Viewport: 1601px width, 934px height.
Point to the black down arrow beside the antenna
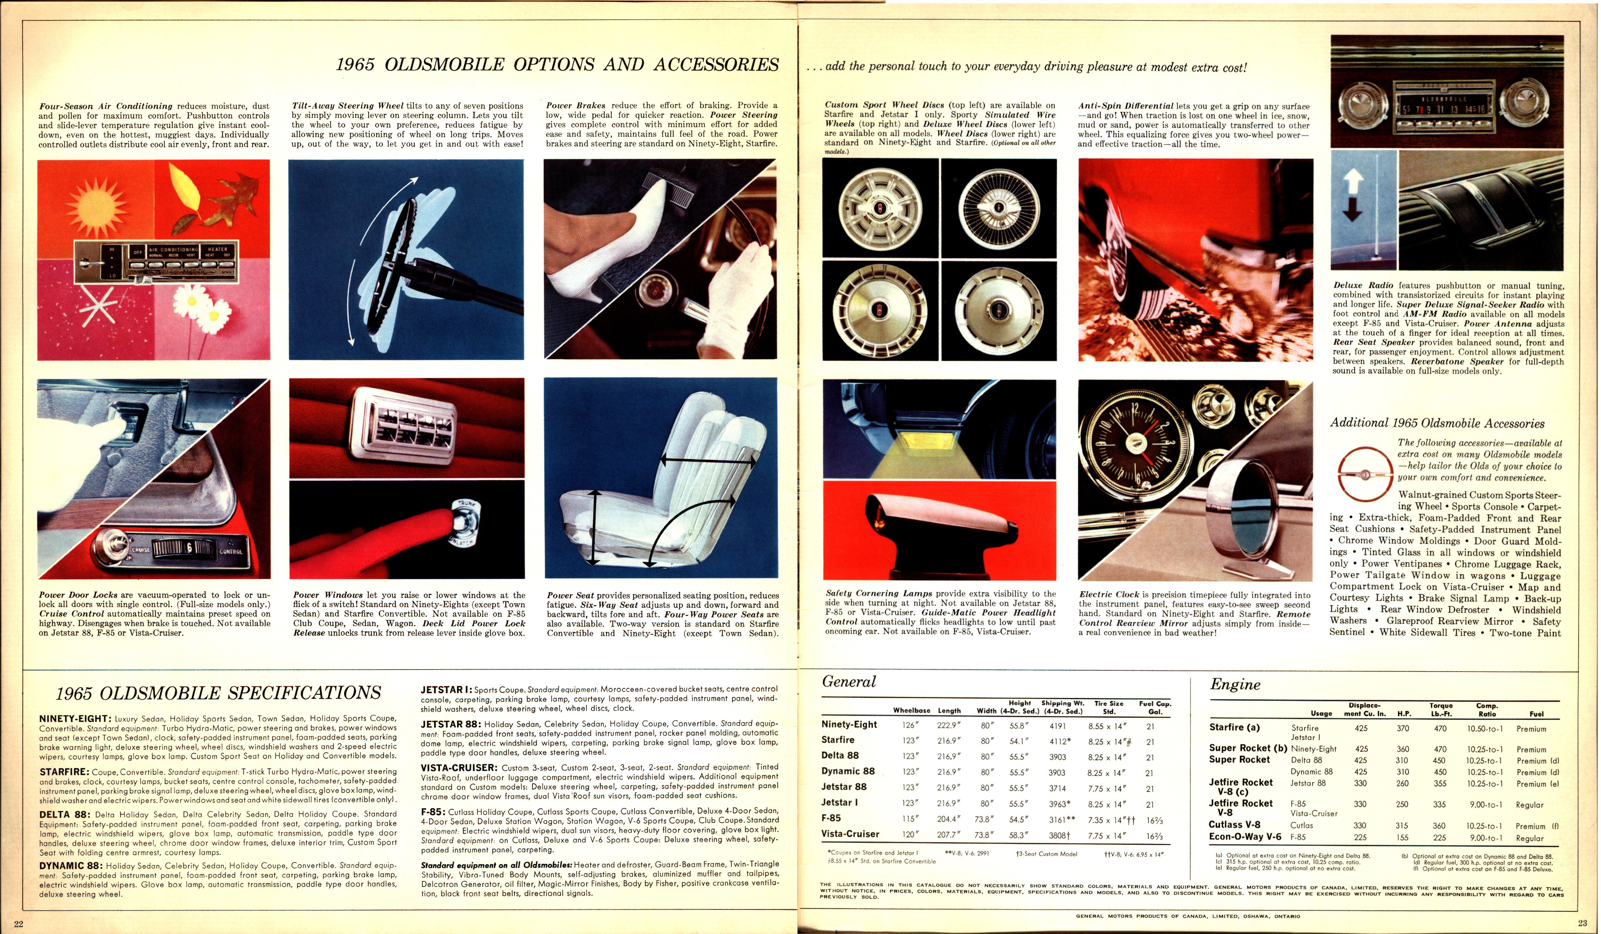pos(1353,208)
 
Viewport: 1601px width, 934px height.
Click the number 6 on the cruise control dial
pos(188,548)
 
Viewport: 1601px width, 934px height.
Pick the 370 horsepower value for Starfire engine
pos(1403,729)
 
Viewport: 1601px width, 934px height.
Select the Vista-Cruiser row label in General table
pos(850,834)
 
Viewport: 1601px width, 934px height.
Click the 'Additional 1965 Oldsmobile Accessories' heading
pos(1445,423)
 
